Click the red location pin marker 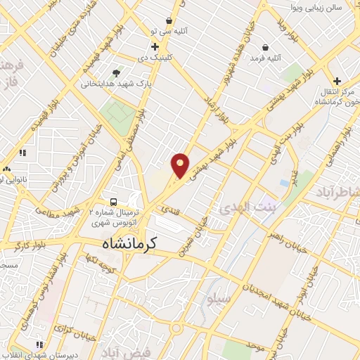coord(181,165)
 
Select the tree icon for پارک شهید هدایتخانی coord(116,72)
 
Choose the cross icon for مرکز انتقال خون coord(337,81)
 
